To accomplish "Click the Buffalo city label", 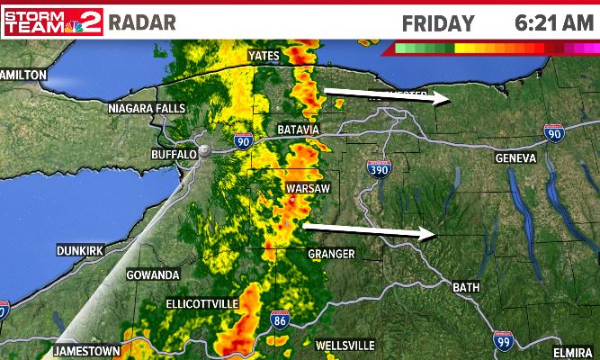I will (174, 155).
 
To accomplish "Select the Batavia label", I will (299, 130).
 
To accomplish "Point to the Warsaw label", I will (309, 188).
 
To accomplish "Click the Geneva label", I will (516, 157).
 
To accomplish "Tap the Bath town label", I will (466, 287).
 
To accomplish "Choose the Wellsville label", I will (345, 346).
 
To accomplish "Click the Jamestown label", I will (86, 350).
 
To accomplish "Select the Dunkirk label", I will (81, 249).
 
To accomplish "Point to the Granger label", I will (331, 254).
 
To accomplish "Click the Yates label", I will (264, 56).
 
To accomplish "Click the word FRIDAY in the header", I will (437, 22).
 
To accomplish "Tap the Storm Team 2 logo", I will (53, 22).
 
